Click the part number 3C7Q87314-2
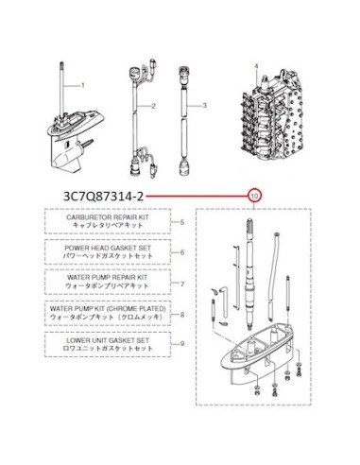point(103,197)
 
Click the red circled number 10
point(255,197)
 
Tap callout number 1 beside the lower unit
point(83,85)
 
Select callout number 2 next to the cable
point(153,106)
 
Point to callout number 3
point(205,105)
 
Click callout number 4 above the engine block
point(256,66)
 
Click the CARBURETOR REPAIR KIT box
point(108,221)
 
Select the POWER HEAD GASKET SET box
point(108,251)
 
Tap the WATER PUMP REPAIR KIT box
point(108,282)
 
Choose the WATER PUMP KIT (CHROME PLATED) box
point(108,313)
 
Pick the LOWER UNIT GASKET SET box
point(108,344)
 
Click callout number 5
point(182,222)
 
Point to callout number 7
point(182,284)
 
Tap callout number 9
point(182,344)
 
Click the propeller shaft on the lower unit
point(88,145)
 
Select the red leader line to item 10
point(197,197)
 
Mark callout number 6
point(182,252)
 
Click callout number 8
point(182,315)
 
